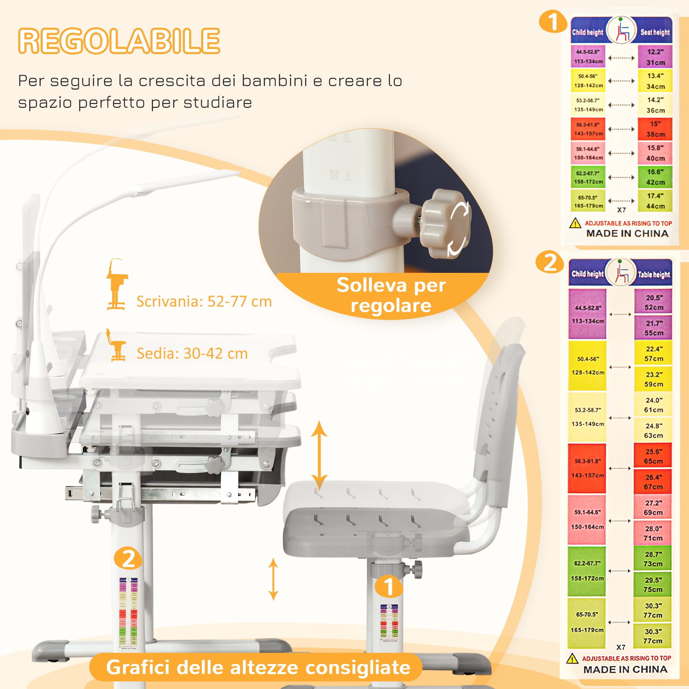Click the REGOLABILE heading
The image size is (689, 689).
(x=119, y=41)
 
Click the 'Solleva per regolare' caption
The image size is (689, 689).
(x=391, y=295)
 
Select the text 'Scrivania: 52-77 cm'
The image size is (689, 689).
(x=204, y=302)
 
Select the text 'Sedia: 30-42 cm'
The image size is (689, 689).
(x=192, y=353)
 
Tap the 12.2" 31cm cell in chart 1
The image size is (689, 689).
(x=655, y=57)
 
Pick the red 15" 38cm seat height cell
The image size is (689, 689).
(x=655, y=129)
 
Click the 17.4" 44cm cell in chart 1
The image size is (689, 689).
(x=655, y=201)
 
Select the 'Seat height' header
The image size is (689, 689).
(x=655, y=32)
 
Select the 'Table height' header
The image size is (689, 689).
(x=654, y=274)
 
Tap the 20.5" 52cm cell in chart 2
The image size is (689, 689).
(x=654, y=302)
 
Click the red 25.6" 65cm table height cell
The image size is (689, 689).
(x=653, y=456)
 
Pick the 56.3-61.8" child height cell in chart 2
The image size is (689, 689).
(x=587, y=468)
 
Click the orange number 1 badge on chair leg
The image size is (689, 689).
(x=389, y=587)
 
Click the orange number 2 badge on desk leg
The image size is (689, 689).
(x=128, y=558)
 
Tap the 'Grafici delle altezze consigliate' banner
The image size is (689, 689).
(x=258, y=667)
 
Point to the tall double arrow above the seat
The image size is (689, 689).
(x=319, y=455)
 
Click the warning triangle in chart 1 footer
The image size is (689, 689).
(x=575, y=224)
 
